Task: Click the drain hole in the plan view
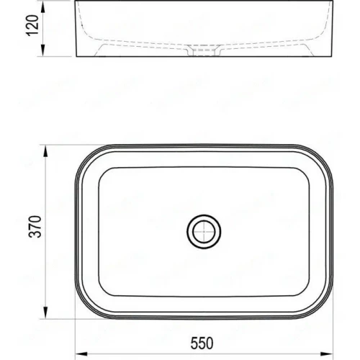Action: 204,232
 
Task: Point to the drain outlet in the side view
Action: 204,53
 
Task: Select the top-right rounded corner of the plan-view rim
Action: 323,158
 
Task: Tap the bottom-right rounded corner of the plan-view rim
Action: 323,307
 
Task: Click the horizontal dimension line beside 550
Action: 144,352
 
